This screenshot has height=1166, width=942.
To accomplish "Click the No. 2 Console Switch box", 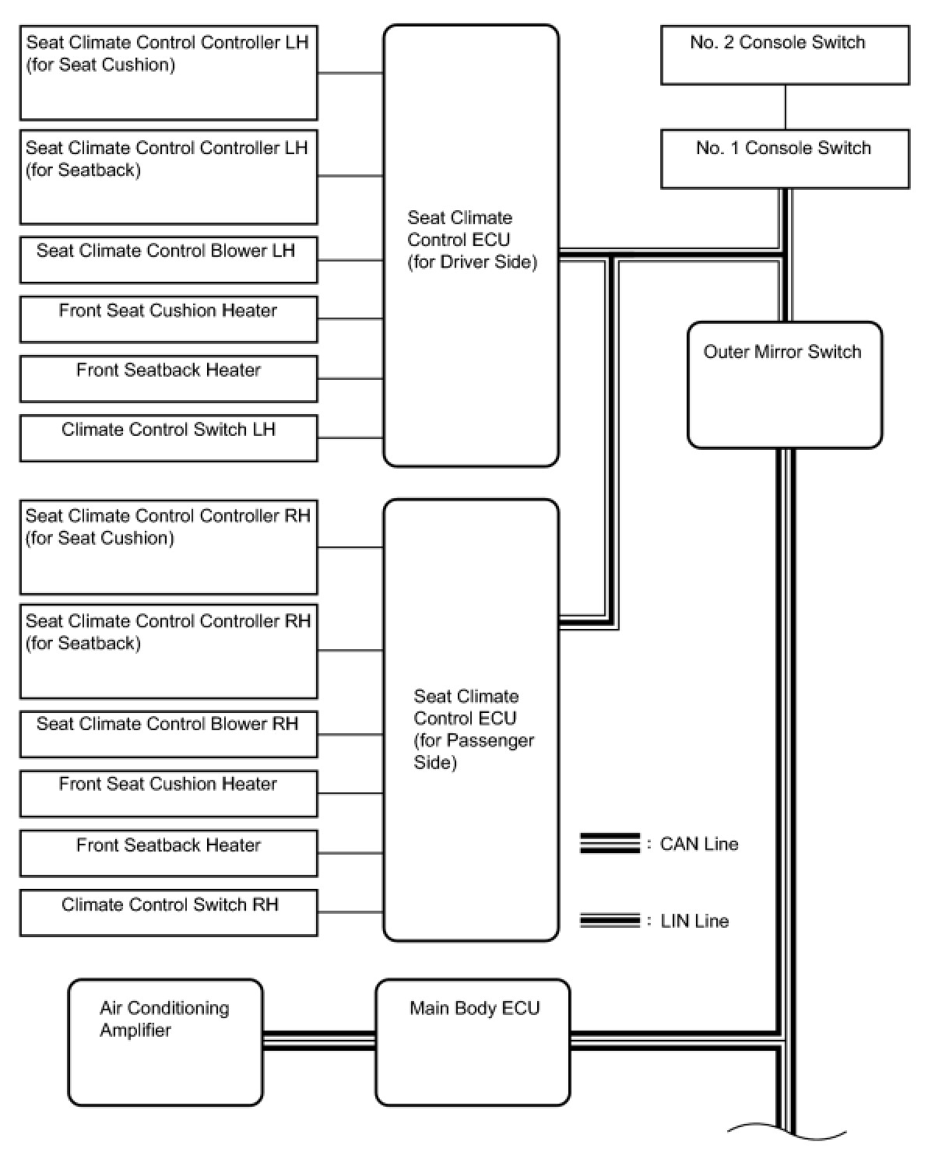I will pos(785,54).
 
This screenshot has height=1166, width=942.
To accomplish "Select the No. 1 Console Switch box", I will pos(785,159).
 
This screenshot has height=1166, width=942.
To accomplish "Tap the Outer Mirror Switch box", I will pos(785,385).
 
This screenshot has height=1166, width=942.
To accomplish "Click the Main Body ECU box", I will pos(473,1041).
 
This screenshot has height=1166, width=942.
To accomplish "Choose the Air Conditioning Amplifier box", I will pos(165,1041).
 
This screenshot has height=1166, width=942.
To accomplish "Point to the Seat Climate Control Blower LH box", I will pos(168,259).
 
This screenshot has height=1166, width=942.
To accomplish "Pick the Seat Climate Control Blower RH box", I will pos(168,733).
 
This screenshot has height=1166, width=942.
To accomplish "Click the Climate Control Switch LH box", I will pos(168,437).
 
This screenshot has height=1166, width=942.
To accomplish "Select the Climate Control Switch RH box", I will pos(168,912).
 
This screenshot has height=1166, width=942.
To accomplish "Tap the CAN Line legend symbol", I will pos(610,844).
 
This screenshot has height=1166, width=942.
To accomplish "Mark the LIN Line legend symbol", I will pos(610,921).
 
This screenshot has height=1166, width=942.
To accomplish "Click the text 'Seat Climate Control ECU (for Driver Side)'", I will pos(472,240).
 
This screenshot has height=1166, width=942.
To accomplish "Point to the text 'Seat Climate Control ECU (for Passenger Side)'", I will pos(473,729).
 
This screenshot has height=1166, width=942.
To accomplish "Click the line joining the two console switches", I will pos(785,107).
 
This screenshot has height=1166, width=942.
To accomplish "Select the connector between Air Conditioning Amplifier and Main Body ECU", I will pos(319,1041).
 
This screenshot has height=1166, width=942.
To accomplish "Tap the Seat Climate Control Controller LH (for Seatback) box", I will pos(168,177).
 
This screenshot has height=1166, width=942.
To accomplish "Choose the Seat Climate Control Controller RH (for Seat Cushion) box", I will pos(168,547).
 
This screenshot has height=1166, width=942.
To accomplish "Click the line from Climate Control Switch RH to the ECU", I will pos(350,912).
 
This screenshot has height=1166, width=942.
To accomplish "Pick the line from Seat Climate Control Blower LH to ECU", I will pos(350,259).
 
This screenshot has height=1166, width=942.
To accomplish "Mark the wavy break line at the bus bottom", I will pos(786,1130).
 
